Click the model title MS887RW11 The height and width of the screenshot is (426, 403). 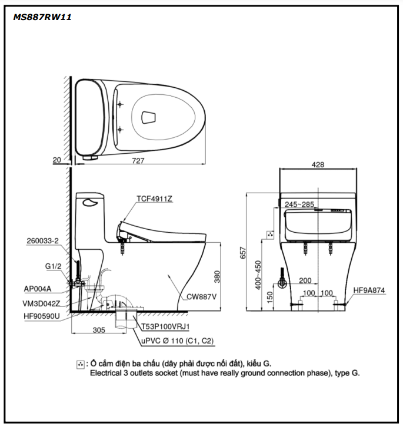coord(42,17)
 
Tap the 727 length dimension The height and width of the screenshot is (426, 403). coord(139,160)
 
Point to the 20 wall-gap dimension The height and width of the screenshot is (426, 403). coord(56,160)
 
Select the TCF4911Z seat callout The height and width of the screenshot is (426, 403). coord(154,199)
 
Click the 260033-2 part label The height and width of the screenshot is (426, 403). coord(42,241)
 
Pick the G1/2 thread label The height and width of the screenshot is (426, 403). coord(54,266)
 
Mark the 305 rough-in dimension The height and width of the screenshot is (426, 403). coord(99,331)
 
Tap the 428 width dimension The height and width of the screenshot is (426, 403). coord(318,166)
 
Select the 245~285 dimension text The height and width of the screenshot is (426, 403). coord(300,204)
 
